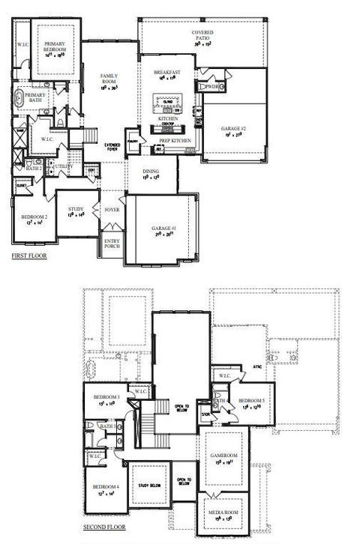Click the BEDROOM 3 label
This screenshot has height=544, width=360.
click(x=106, y=397)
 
